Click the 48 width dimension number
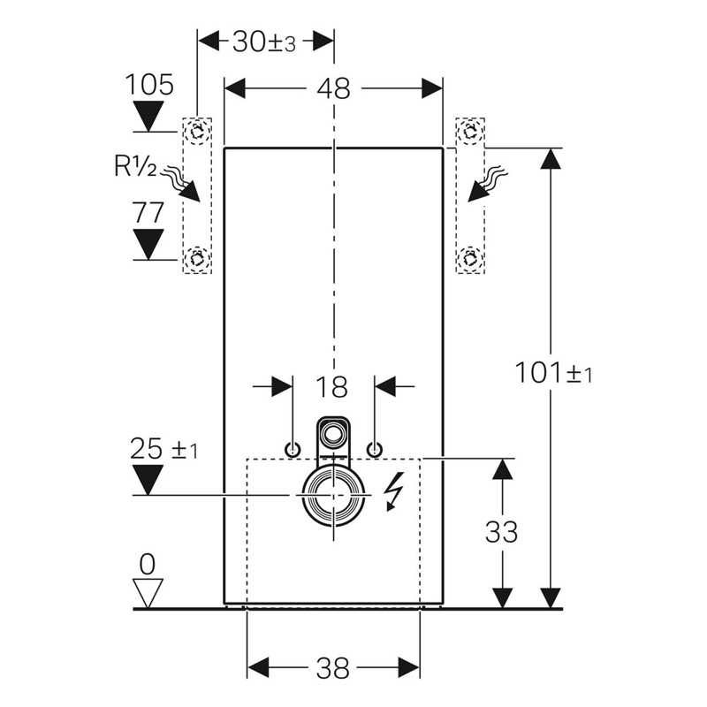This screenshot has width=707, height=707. tap(333, 89)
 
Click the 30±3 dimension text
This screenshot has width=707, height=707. tap(264, 42)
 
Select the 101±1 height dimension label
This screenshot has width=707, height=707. tap(553, 373)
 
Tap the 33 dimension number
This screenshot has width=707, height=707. tap(501, 532)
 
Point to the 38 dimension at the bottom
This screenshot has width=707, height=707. tap(333, 668)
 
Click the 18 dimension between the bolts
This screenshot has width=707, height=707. tap(332, 387)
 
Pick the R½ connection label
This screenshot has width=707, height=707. tap(135, 166)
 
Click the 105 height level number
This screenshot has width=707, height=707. tap(148, 84)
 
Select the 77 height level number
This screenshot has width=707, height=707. tap(148, 212)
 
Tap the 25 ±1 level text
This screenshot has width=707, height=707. tap(164, 449)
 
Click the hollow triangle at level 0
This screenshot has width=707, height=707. tap(148, 593)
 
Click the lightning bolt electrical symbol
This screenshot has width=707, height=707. tap(394, 491)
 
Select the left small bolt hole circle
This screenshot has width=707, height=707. tap(293, 449)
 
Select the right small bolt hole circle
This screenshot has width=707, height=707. tap(375, 449)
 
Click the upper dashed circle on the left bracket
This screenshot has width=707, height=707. tap(197, 132)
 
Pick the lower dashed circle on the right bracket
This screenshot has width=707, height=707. tap(470, 259)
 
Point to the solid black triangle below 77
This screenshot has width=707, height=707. tap(148, 244)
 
